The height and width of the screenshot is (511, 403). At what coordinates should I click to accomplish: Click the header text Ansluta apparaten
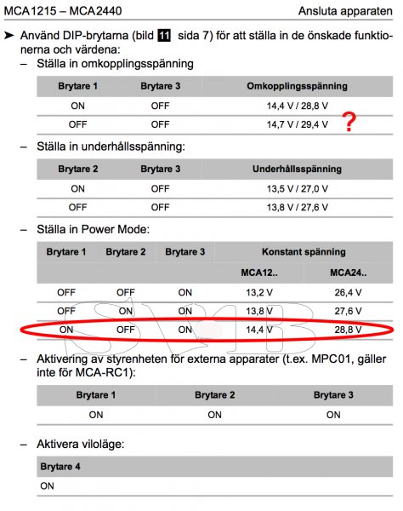[346, 11]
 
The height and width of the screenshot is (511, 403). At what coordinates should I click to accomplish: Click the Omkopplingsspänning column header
[297, 87]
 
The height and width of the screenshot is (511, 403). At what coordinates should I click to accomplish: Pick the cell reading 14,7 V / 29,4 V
[297, 124]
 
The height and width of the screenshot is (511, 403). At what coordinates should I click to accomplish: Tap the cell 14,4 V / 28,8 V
[297, 106]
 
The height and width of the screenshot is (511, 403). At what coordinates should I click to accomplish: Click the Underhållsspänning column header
[297, 169]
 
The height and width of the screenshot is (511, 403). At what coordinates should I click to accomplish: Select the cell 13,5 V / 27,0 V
[297, 188]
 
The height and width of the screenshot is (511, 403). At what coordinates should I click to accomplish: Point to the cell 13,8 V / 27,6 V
[297, 207]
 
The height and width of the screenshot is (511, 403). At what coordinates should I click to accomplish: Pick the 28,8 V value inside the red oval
[349, 329]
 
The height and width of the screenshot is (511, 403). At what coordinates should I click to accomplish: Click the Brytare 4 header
[65, 467]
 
